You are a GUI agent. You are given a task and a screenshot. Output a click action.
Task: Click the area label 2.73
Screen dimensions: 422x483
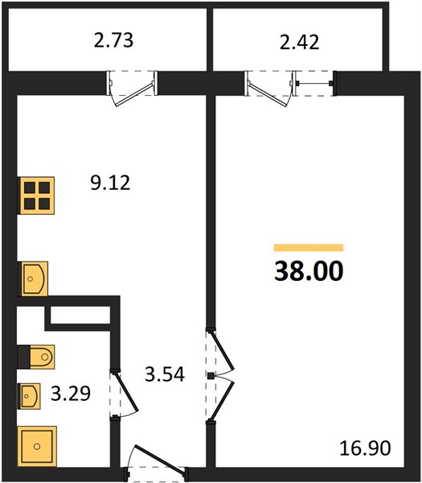tap(113, 40)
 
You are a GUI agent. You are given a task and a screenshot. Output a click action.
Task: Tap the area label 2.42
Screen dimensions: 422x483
tap(299, 42)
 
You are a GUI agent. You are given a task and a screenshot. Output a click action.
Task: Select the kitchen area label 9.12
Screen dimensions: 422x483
tap(110, 183)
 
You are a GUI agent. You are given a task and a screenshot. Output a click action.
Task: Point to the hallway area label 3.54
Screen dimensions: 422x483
tap(165, 374)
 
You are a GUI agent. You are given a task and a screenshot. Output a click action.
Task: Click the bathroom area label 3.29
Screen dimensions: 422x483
tap(71, 394)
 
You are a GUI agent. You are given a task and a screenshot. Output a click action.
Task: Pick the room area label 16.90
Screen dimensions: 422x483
tap(365, 448)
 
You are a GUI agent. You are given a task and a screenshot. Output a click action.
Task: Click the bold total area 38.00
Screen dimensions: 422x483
tap(309, 271)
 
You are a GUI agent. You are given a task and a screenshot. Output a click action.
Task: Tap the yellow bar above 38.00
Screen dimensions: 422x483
tap(309, 248)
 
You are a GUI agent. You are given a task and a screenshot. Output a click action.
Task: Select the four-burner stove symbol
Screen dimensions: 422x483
tap(36, 196)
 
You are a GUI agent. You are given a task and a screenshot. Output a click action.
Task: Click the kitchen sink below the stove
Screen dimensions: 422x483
tap(34, 279)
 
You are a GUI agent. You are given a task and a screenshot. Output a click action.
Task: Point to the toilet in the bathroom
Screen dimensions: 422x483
tap(42, 357)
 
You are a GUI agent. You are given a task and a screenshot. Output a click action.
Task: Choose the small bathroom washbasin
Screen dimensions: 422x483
tap(30, 396)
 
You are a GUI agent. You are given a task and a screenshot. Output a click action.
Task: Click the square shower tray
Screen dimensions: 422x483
tap(37, 446)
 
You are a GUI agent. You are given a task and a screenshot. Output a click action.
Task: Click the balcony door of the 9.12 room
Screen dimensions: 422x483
tap(134, 94)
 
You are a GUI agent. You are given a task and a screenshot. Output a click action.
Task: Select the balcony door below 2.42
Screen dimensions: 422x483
tap(268, 95)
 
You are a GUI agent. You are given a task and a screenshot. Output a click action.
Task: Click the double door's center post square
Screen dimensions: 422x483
tap(211, 376)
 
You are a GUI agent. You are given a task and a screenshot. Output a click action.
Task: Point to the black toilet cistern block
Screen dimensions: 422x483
tap(23, 357)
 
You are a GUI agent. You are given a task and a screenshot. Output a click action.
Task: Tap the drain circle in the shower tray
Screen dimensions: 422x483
tap(37, 446)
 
